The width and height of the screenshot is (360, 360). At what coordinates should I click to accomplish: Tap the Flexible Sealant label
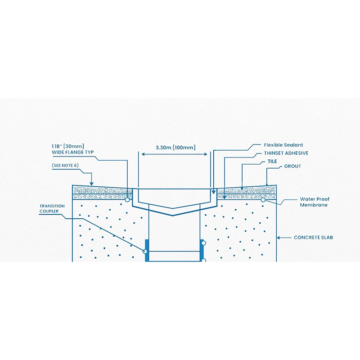[x=283, y=145]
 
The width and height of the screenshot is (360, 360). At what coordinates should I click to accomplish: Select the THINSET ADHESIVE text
[x=286, y=153]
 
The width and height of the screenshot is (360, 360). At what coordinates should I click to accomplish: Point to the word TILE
[x=272, y=161]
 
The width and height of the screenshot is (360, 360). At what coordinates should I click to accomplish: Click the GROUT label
[x=292, y=166]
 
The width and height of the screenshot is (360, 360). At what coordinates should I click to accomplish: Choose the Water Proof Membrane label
[x=314, y=202]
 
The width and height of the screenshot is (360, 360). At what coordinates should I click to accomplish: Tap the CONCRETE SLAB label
[x=313, y=237]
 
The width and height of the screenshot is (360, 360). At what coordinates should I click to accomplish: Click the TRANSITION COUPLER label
[x=52, y=209]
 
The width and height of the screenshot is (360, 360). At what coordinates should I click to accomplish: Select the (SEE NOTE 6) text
[x=65, y=166]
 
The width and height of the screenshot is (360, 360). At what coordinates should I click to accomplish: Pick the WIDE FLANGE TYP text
[x=72, y=153]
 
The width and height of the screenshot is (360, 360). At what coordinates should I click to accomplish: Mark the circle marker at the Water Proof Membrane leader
[x=262, y=199]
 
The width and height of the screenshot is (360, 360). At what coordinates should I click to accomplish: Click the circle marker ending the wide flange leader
[x=127, y=199]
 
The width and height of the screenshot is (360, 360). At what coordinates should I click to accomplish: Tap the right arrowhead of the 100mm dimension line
[x=207, y=154]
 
